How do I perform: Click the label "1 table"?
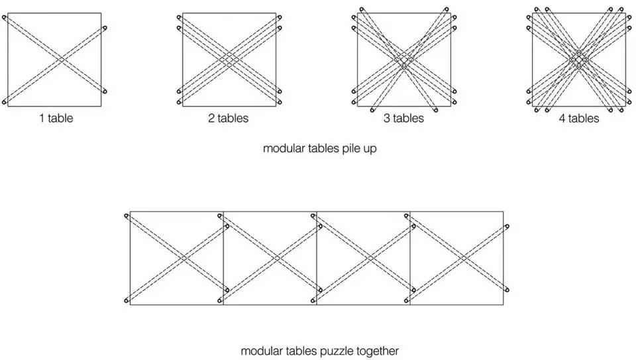56,118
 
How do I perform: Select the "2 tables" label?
228,118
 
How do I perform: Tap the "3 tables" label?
403,118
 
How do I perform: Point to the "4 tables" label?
579,118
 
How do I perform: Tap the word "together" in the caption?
378,351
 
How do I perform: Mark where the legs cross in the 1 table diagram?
61,60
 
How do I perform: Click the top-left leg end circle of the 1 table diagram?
5,18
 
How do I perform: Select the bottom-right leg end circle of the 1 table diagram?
105,91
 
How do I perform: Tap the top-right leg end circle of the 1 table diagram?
105,28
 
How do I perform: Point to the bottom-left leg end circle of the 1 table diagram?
5,101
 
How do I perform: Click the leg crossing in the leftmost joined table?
184,258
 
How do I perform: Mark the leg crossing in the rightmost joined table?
464,258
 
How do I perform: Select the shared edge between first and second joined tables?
223,258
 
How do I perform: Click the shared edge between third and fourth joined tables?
410,258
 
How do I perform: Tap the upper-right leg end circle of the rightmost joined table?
507,227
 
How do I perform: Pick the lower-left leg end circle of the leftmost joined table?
127,300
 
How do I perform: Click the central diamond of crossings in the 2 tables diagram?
229,60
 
